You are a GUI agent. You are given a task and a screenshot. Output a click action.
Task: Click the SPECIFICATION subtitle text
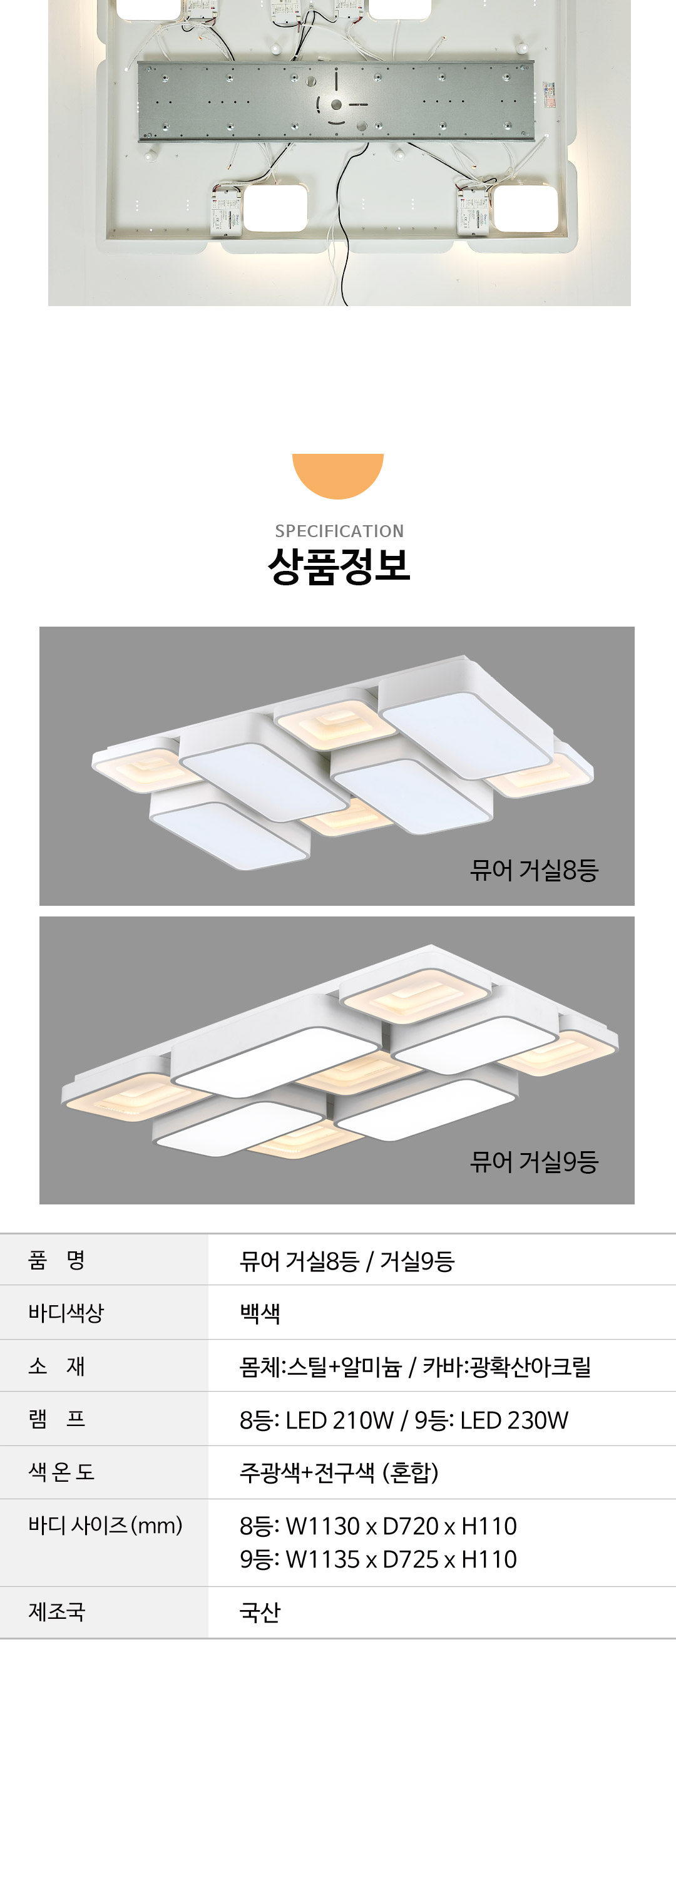click(339, 531)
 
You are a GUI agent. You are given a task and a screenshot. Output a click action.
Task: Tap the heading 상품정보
click(339, 567)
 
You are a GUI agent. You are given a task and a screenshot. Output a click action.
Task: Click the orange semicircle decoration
click(337, 475)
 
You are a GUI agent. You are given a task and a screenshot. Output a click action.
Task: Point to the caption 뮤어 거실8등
click(534, 870)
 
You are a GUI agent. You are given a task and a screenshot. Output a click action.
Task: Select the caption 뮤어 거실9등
click(534, 1161)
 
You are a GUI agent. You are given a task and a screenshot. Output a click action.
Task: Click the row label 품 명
click(57, 1260)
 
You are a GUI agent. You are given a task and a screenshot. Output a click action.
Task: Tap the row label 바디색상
click(66, 1313)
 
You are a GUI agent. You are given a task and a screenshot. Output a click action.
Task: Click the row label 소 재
click(57, 1365)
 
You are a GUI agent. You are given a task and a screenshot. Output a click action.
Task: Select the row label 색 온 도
click(62, 1472)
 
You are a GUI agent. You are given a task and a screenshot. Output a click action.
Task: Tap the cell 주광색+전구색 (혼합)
click(339, 1472)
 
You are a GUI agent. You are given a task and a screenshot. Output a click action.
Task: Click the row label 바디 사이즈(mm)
click(106, 1525)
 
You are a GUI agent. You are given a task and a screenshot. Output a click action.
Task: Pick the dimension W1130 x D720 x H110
click(401, 1526)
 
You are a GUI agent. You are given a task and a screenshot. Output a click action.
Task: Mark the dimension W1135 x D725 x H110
click(401, 1559)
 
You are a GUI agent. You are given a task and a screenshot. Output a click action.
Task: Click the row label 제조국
click(57, 1611)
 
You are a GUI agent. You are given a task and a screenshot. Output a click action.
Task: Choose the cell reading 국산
click(260, 1612)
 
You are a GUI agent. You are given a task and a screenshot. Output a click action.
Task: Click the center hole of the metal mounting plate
click(336, 105)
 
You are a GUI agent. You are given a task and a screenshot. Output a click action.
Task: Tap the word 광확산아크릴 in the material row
click(531, 1366)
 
